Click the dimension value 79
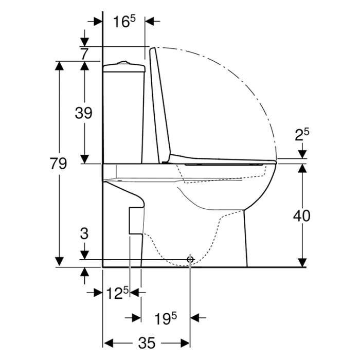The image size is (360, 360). [x=59, y=164]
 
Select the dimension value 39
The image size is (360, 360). [x=84, y=113]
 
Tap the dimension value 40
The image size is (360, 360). [x=302, y=216]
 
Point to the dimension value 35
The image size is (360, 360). [x=148, y=343]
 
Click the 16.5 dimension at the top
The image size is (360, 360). [x=124, y=22]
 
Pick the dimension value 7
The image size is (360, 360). [x=85, y=53]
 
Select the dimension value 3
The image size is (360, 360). [x=84, y=234]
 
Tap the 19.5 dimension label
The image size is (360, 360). [x=166, y=318]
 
